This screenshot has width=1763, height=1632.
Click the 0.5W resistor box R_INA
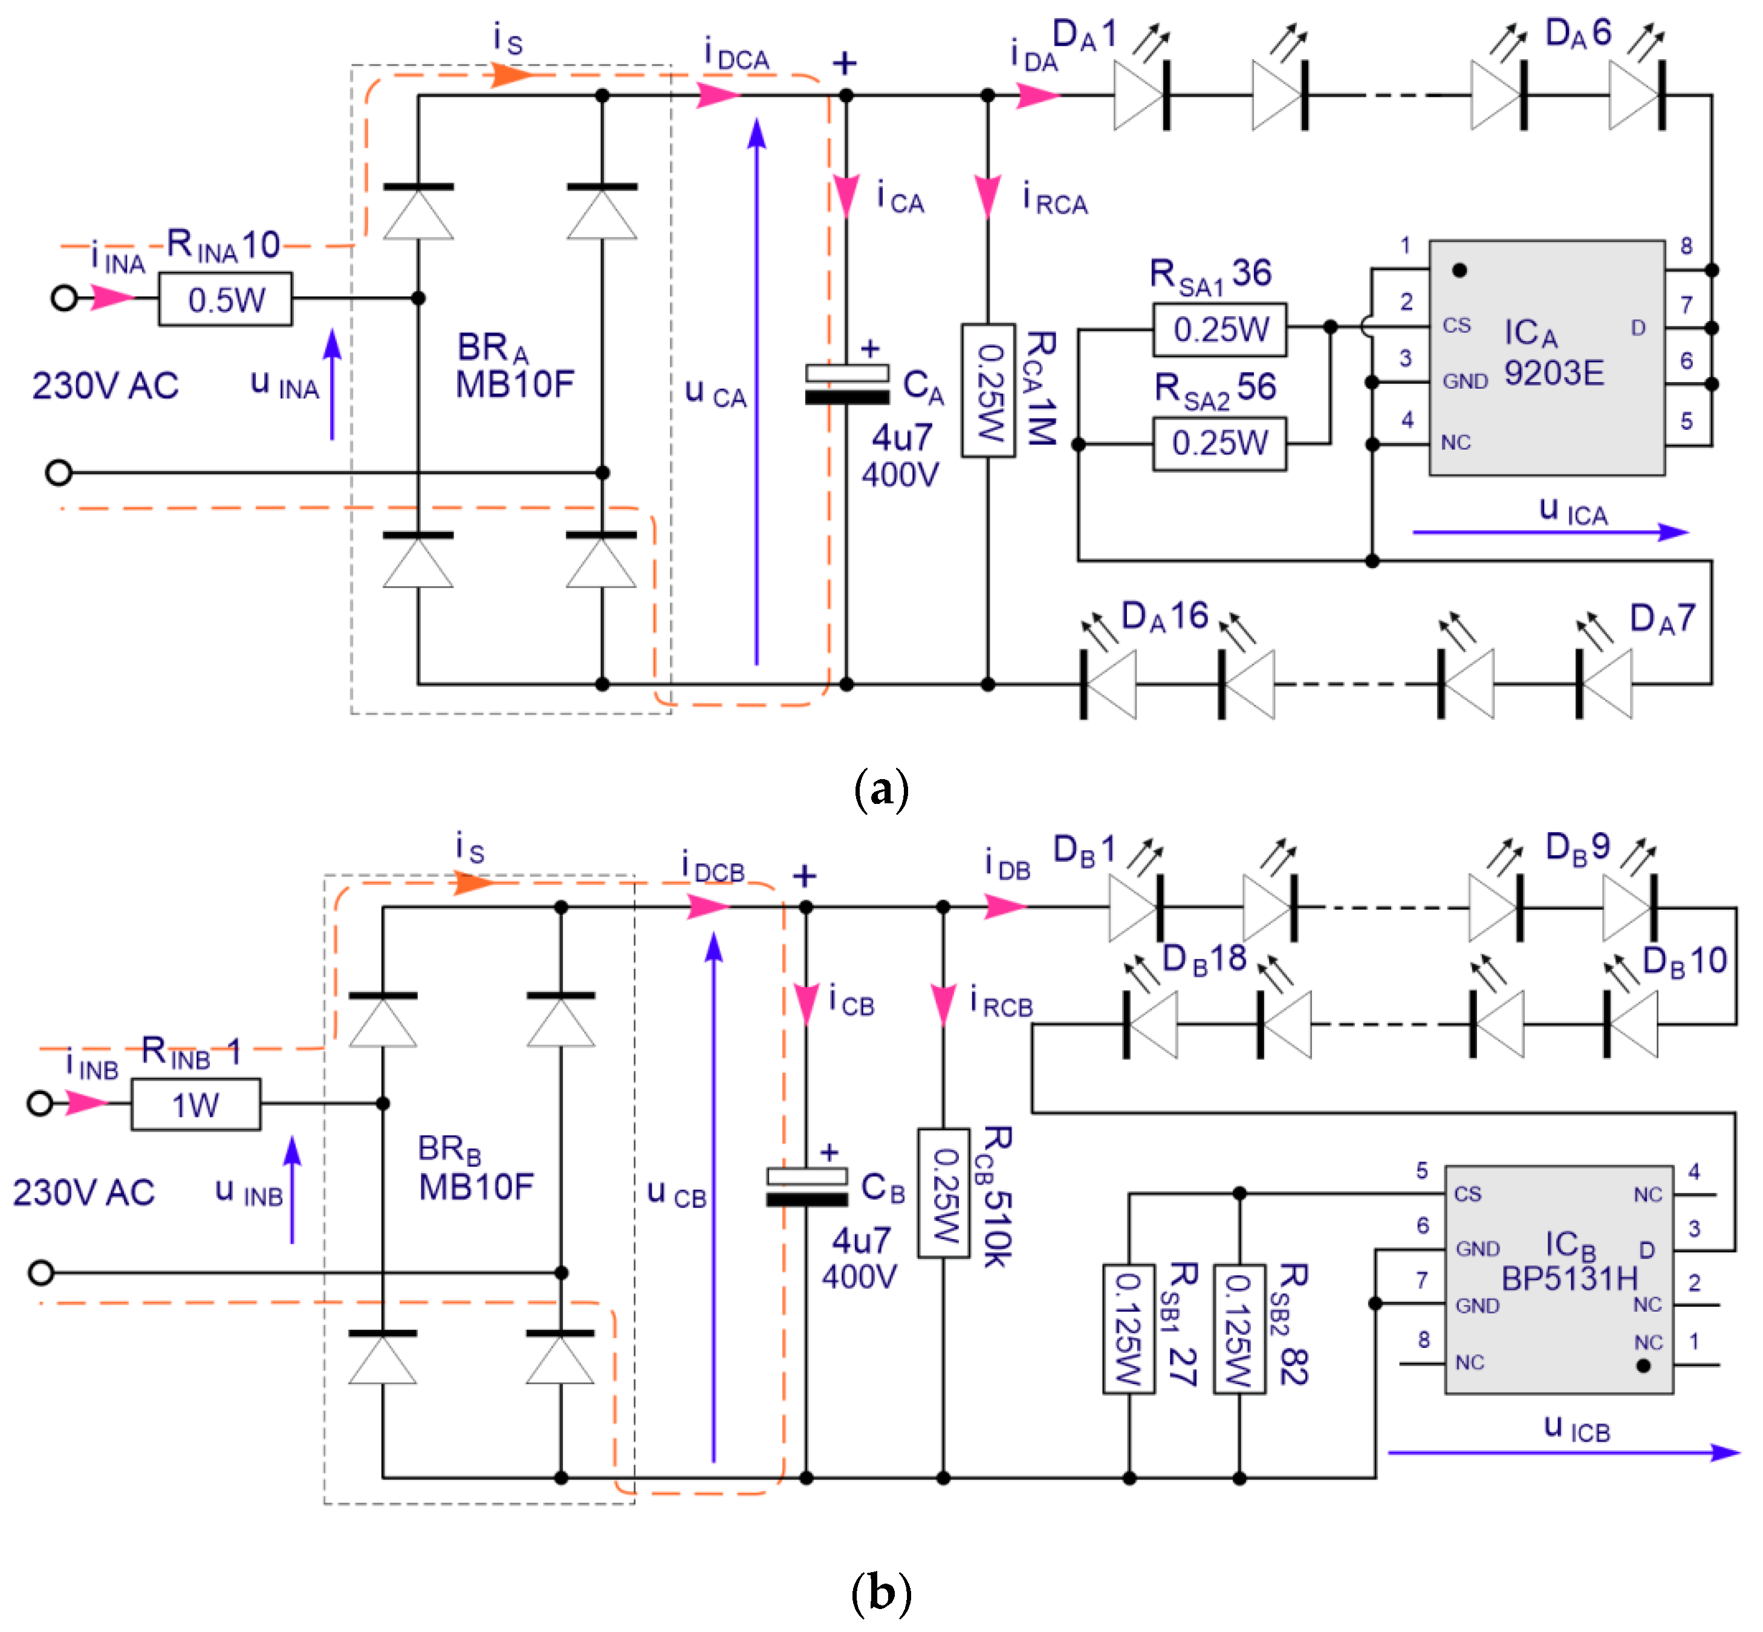[226, 299]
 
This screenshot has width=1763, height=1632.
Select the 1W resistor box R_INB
[195, 1104]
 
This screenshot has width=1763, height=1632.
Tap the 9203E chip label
[1554, 374]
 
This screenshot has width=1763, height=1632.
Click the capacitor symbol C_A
[846, 385]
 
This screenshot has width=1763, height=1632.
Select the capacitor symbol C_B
[807, 1188]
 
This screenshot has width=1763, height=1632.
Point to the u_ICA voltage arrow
[1550, 532]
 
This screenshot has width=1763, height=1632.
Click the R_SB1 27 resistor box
[1128, 1329]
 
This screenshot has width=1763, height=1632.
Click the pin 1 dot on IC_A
[1459, 270]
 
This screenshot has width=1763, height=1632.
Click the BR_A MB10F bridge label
[514, 366]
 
